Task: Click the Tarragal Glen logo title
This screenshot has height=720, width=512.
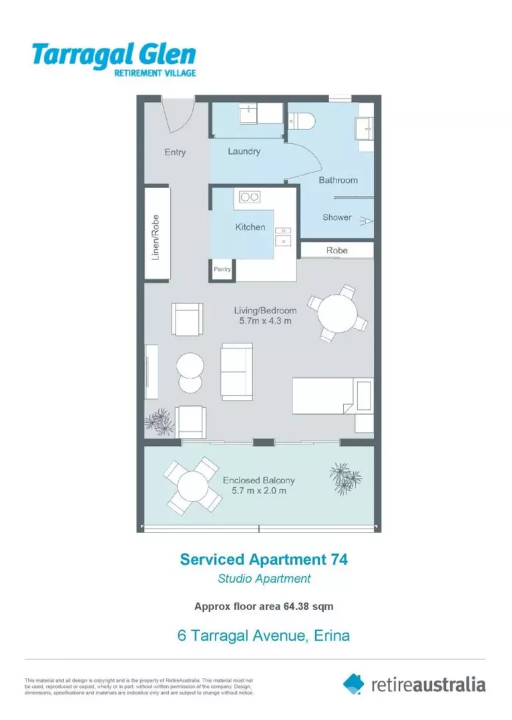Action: (113, 53)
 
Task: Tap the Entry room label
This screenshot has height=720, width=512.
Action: (175, 152)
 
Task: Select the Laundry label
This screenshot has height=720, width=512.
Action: (244, 151)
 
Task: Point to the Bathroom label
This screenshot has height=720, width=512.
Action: (338, 180)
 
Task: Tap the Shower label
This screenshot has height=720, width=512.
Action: (336, 217)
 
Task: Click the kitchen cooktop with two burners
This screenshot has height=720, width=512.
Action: (250, 197)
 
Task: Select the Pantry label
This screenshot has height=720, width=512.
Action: (222, 269)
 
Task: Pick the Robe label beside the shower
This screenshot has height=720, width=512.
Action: (336, 251)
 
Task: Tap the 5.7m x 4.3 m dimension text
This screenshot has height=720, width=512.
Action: (265, 321)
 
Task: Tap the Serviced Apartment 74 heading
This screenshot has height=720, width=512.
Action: (264, 559)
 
